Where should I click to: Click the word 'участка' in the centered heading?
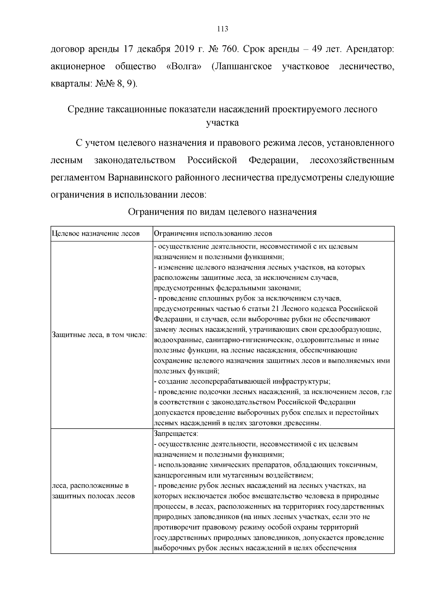point(222,123)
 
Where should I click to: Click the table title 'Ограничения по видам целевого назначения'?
point(222,212)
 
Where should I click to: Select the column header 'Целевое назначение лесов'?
point(96,234)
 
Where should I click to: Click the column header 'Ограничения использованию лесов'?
point(213,234)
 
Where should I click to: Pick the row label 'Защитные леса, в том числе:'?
point(99,335)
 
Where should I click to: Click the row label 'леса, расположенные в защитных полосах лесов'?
point(93,491)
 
